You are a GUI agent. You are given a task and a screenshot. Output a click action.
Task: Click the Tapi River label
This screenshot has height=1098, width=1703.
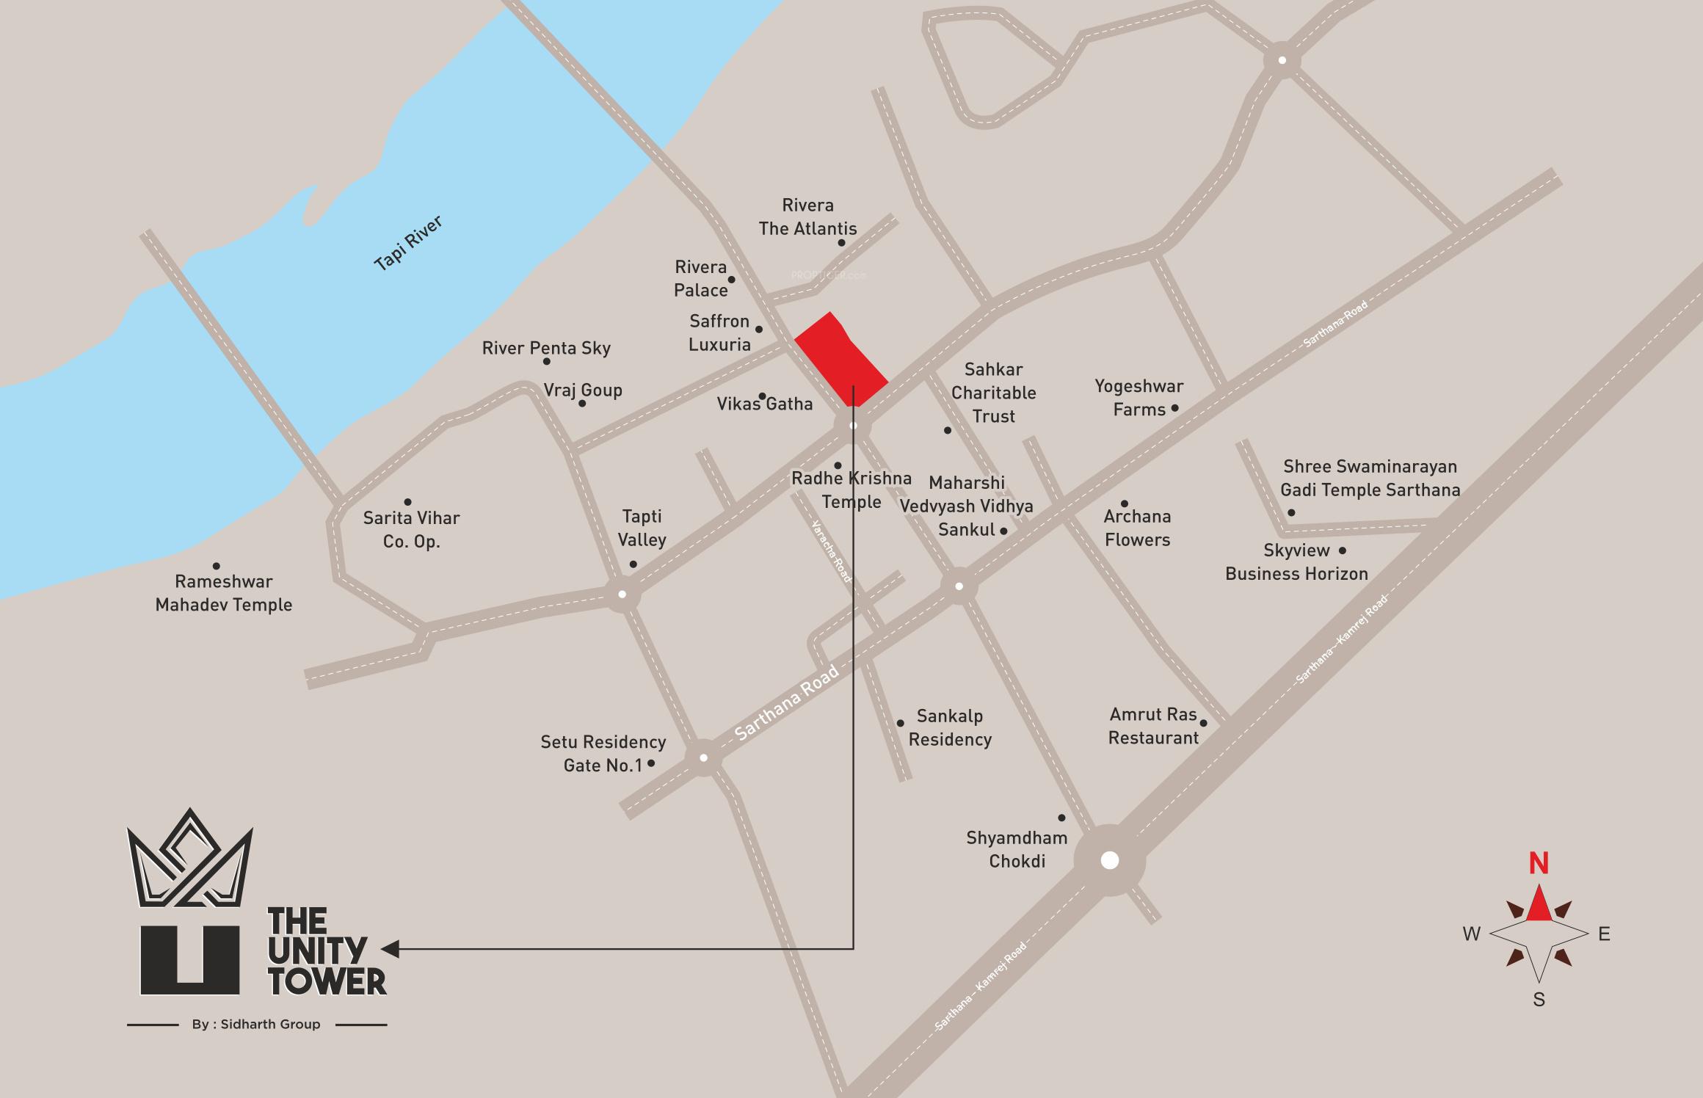[408, 243]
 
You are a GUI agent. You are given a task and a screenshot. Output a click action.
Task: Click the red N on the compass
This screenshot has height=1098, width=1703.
[1539, 864]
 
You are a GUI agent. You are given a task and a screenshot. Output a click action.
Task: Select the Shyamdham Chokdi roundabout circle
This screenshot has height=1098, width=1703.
[1109, 859]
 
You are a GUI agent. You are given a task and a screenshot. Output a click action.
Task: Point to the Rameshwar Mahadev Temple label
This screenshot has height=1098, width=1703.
[224, 593]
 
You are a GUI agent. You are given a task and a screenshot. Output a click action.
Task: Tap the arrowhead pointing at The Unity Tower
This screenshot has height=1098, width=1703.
[391, 949]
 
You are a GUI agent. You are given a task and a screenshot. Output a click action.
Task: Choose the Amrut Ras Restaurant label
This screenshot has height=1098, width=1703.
[1153, 726]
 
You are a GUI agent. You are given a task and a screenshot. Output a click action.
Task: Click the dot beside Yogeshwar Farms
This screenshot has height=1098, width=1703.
[1174, 408]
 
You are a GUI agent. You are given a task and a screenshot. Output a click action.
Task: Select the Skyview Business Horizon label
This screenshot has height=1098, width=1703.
[1296, 562]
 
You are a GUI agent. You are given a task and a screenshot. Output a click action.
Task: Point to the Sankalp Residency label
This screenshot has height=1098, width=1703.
[950, 727]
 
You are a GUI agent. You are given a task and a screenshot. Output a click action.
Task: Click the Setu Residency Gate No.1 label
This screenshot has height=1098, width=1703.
[603, 754]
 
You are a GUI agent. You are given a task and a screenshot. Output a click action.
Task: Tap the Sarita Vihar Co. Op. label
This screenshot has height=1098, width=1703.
[411, 529]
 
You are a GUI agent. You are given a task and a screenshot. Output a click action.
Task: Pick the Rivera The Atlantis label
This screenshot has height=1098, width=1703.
[807, 217]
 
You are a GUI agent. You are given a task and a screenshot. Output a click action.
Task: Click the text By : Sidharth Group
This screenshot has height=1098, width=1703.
[256, 1025]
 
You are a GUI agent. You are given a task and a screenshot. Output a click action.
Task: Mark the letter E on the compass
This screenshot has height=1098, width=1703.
[1604, 934]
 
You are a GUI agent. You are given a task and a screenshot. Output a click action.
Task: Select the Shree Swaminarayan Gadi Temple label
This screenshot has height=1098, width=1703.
[1370, 478]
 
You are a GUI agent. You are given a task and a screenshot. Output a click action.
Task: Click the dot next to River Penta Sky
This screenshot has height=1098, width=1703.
[547, 362]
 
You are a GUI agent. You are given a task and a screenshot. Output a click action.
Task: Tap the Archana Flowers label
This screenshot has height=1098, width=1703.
[1137, 528]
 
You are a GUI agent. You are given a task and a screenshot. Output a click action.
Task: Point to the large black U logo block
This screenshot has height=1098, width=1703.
[189, 960]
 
